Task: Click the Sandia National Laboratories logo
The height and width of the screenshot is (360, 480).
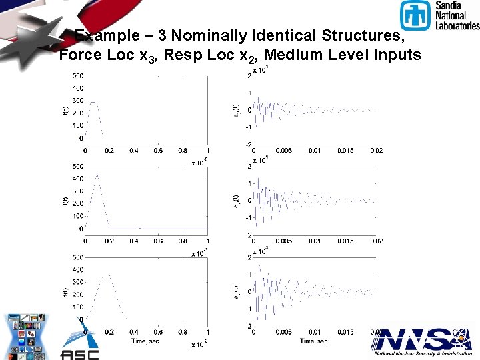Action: (x=439, y=15)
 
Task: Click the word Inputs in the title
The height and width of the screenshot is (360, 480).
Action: (x=393, y=55)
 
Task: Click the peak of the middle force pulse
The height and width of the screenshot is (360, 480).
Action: (x=97, y=175)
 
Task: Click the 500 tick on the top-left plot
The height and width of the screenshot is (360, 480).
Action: (x=78, y=75)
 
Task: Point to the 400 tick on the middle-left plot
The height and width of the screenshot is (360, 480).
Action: (x=78, y=179)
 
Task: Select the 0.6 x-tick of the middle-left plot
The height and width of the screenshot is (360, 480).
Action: (x=159, y=241)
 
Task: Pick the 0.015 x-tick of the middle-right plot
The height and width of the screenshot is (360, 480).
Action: (x=346, y=241)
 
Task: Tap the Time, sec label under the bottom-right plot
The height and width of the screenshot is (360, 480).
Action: (x=313, y=341)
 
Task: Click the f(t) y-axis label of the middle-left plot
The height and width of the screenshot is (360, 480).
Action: (x=64, y=197)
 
